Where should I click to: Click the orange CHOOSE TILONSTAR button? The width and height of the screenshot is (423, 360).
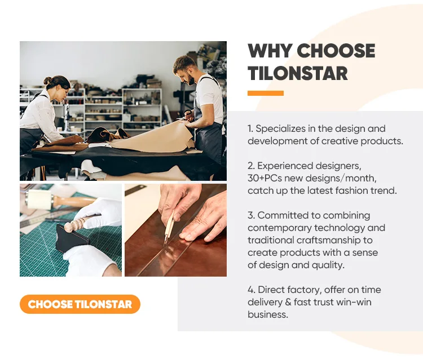pos(80,304)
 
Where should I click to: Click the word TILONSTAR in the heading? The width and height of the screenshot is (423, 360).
pos(298,74)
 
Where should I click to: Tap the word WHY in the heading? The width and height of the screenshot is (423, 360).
pos(270,51)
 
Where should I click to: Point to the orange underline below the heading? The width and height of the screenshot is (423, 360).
pos(266,93)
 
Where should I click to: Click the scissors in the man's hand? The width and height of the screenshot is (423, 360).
pos(186,114)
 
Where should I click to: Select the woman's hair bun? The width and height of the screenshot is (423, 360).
pos(47,81)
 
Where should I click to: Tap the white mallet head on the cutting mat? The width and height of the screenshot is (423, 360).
pos(38,199)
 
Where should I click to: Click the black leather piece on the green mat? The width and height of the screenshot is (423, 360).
pos(72,238)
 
